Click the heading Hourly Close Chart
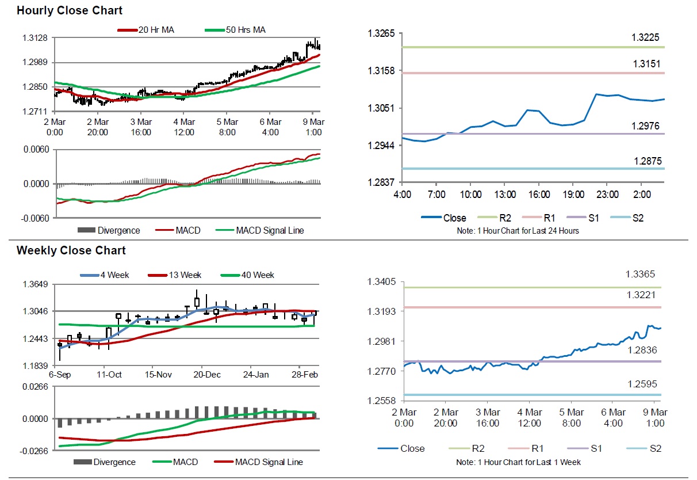(x=69, y=10)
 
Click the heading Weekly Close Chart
(x=71, y=250)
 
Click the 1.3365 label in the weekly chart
(x=640, y=275)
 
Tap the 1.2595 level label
(x=640, y=384)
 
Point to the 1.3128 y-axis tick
(x=35, y=38)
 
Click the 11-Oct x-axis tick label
(x=109, y=374)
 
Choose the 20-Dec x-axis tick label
(x=208, y=374)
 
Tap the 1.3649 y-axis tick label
(x=35, y=284)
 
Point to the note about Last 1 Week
(x=518, y=462)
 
